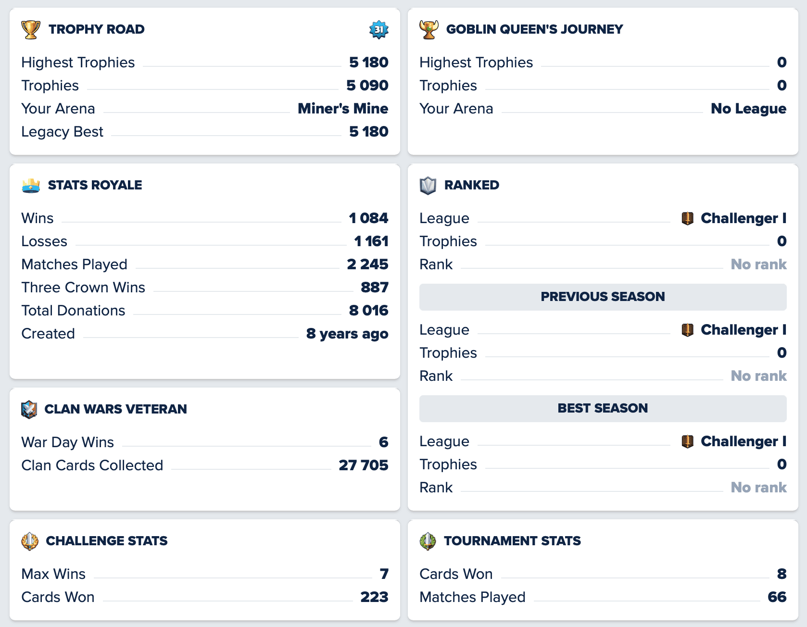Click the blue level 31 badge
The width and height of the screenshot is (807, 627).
[x=379, y=29]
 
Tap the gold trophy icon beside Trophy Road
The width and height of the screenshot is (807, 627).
[x=31, y=29]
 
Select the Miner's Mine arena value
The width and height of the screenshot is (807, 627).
[x=342, y=109]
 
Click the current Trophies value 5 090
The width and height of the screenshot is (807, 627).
[x=367, y=86]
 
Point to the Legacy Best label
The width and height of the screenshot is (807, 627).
[x=62, y=132]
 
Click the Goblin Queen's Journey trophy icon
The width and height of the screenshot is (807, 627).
[x=429, y=29]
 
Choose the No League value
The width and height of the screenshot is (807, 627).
[x=748, y=109]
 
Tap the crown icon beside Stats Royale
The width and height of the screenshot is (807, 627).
[x=31, y=185]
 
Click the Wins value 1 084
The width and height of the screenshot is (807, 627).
[x=368, y=218]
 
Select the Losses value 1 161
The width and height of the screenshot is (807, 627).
[x=371, y=241]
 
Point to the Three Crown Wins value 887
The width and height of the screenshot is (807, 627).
[x=374, y=288]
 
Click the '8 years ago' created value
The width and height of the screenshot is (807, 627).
[x=347, y=334]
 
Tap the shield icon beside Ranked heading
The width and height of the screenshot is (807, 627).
[x=428, y=185]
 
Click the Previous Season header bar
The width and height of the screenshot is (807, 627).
[x=603, y=297]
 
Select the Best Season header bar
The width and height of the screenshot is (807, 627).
[x=603, y=408]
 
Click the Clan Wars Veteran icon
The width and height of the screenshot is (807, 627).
[x=29, y=409]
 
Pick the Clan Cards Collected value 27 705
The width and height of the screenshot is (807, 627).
[x=363, y=465]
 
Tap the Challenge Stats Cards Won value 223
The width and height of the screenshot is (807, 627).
[x=374, y=597]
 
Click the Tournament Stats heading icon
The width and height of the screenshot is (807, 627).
[x=428, y=541]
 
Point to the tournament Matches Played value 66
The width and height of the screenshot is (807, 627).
[x=777, y=597]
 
